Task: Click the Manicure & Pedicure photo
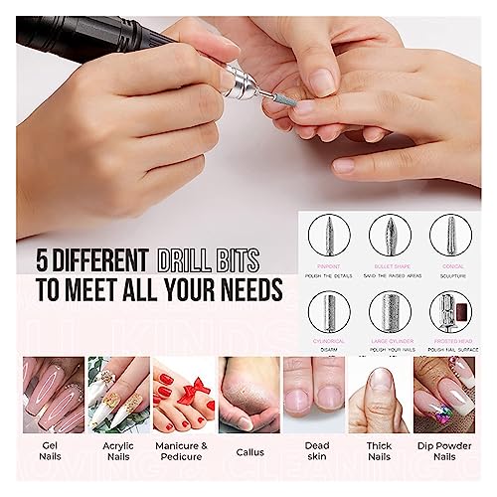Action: [182, 395]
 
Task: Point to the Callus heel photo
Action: [248, 395]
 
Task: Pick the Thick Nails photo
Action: [380, 395]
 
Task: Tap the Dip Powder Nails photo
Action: [444, 395]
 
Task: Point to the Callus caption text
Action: [248, 451]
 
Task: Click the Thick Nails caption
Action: [380, 456]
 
